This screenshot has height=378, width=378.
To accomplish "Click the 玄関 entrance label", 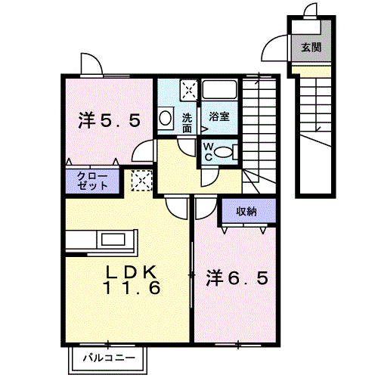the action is point(311,47).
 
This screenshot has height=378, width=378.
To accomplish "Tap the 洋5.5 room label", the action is point(109,120).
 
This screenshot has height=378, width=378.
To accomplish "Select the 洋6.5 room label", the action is point(237,278).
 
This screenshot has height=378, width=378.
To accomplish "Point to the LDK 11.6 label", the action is point(132,280).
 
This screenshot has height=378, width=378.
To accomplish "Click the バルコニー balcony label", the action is point(109,358).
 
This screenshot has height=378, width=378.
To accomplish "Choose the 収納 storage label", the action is point(246,211).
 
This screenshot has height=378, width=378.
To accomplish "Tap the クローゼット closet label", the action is point(92,181).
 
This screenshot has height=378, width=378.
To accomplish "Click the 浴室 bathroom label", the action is point(219,116).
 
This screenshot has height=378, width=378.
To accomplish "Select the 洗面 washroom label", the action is point(187,123).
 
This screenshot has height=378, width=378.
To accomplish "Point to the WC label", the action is point(208,152).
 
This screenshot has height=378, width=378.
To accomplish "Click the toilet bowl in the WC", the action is point(223,153).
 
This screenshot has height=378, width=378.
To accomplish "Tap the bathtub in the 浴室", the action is point(219,89).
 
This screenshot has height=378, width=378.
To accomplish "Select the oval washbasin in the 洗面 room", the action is point(165,118).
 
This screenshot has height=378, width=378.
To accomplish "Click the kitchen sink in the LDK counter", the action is point(113,239).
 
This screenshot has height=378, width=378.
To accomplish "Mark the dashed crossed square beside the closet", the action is point(142,180).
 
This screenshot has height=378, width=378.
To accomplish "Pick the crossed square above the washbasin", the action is point(189,90).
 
